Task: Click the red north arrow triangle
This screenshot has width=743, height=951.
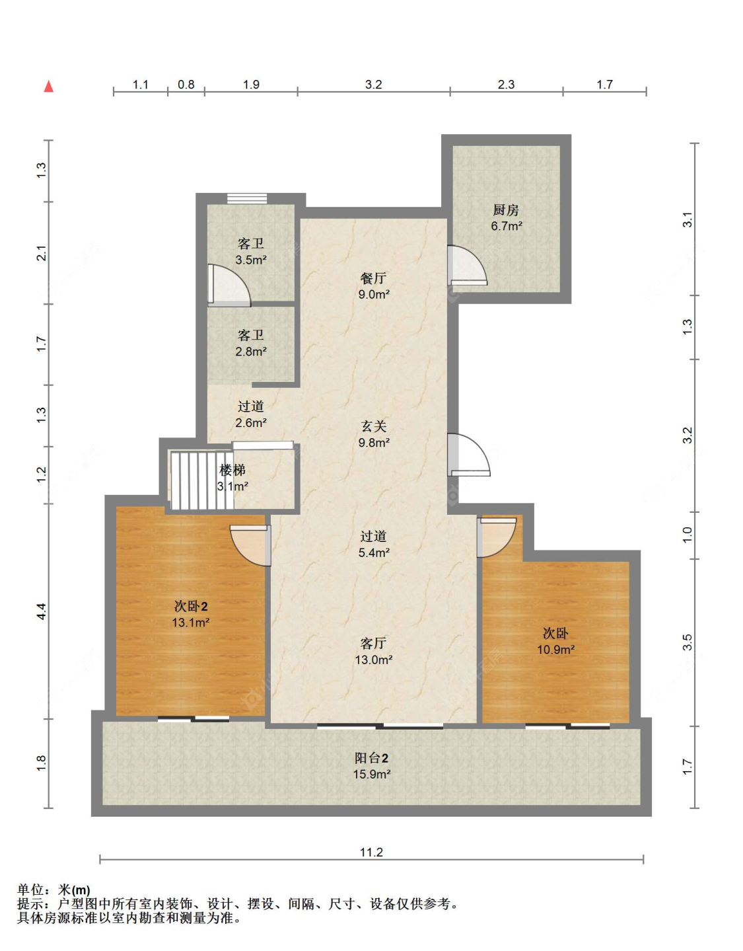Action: point(48,86)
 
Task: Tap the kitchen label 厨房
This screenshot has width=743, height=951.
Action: point(506,210)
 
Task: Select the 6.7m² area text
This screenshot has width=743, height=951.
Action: point(507,226)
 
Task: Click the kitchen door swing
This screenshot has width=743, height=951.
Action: point(467,266)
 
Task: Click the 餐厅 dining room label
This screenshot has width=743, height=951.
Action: point(373,278)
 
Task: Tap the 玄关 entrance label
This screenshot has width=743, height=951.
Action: point(373,426)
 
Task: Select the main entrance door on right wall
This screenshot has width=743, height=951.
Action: point(468,454)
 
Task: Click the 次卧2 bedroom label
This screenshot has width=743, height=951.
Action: point(191,606)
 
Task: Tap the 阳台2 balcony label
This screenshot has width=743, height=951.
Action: point(371,757)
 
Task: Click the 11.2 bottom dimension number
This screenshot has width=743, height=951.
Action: point(371,852)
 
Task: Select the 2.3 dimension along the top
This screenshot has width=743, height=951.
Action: point(506,84)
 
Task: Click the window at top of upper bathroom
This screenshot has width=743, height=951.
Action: point(247,199)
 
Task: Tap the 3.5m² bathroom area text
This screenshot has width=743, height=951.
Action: point(251,260)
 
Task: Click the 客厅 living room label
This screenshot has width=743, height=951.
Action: point(373,643)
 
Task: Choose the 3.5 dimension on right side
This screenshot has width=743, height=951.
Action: point(687,642)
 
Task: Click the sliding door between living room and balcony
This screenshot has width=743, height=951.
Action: point(380,726)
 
